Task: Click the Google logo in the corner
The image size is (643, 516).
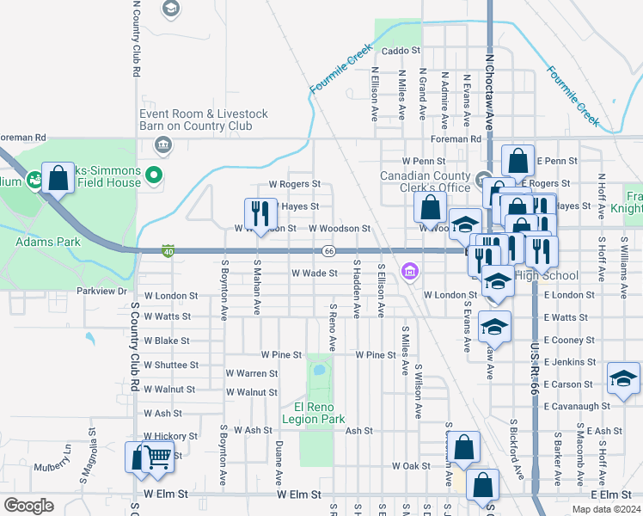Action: click(x=28, y=505)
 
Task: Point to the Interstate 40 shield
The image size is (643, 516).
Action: click(x=168, y=251)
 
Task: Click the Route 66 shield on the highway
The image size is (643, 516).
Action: click(x=329, y=251)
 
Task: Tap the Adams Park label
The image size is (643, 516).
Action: click(x=48, y=242)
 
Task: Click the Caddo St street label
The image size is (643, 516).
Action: click(x=398, y=52)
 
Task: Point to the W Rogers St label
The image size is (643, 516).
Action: click(x=294, y=184)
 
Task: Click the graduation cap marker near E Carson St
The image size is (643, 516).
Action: click(x=623, y=378)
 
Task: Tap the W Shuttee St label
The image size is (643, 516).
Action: click(x=171, y=365)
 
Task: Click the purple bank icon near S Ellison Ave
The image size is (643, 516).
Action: click(x=409, y=273)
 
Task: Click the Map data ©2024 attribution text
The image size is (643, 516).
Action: click(x=605, y=509)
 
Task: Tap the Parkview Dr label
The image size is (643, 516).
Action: click(x=101, y=292)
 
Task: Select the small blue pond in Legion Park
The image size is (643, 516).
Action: click(x=319, y=372)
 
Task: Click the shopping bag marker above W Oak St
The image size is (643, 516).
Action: click(x=463, y=446)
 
